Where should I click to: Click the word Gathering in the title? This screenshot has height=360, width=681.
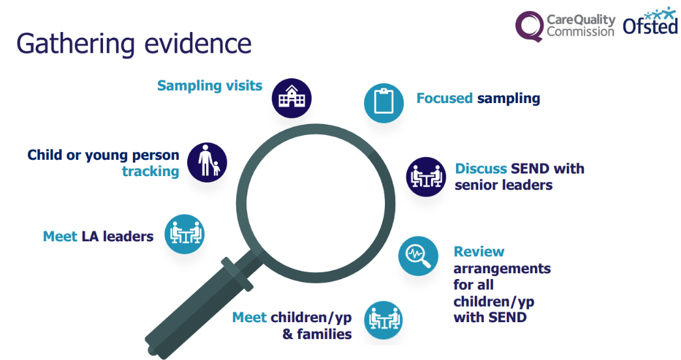click(76, 44)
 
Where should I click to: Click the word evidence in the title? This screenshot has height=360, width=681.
click(198, 44)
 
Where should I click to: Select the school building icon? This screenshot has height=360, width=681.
click(292, 98)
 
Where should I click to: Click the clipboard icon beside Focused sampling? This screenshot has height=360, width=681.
click(384, 102)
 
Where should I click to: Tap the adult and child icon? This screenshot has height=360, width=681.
click(207, 162)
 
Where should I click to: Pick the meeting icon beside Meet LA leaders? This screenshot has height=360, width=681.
click(185, 234)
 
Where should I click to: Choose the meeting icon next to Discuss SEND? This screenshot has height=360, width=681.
click(426, 176)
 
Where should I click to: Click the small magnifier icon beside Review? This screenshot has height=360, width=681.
click(418, 256)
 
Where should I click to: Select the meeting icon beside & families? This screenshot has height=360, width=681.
click(384, 320)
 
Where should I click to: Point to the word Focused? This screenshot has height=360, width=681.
click(444, 98)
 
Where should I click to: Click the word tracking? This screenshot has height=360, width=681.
click(150, 172)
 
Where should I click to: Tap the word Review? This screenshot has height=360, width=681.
click(479, 252)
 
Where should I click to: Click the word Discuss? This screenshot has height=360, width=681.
click(481, 168)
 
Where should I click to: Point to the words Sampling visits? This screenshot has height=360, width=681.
click(210, 85)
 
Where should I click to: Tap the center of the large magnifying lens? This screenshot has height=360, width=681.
click(316, 203)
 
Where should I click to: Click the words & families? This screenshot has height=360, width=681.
click(317, 334)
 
